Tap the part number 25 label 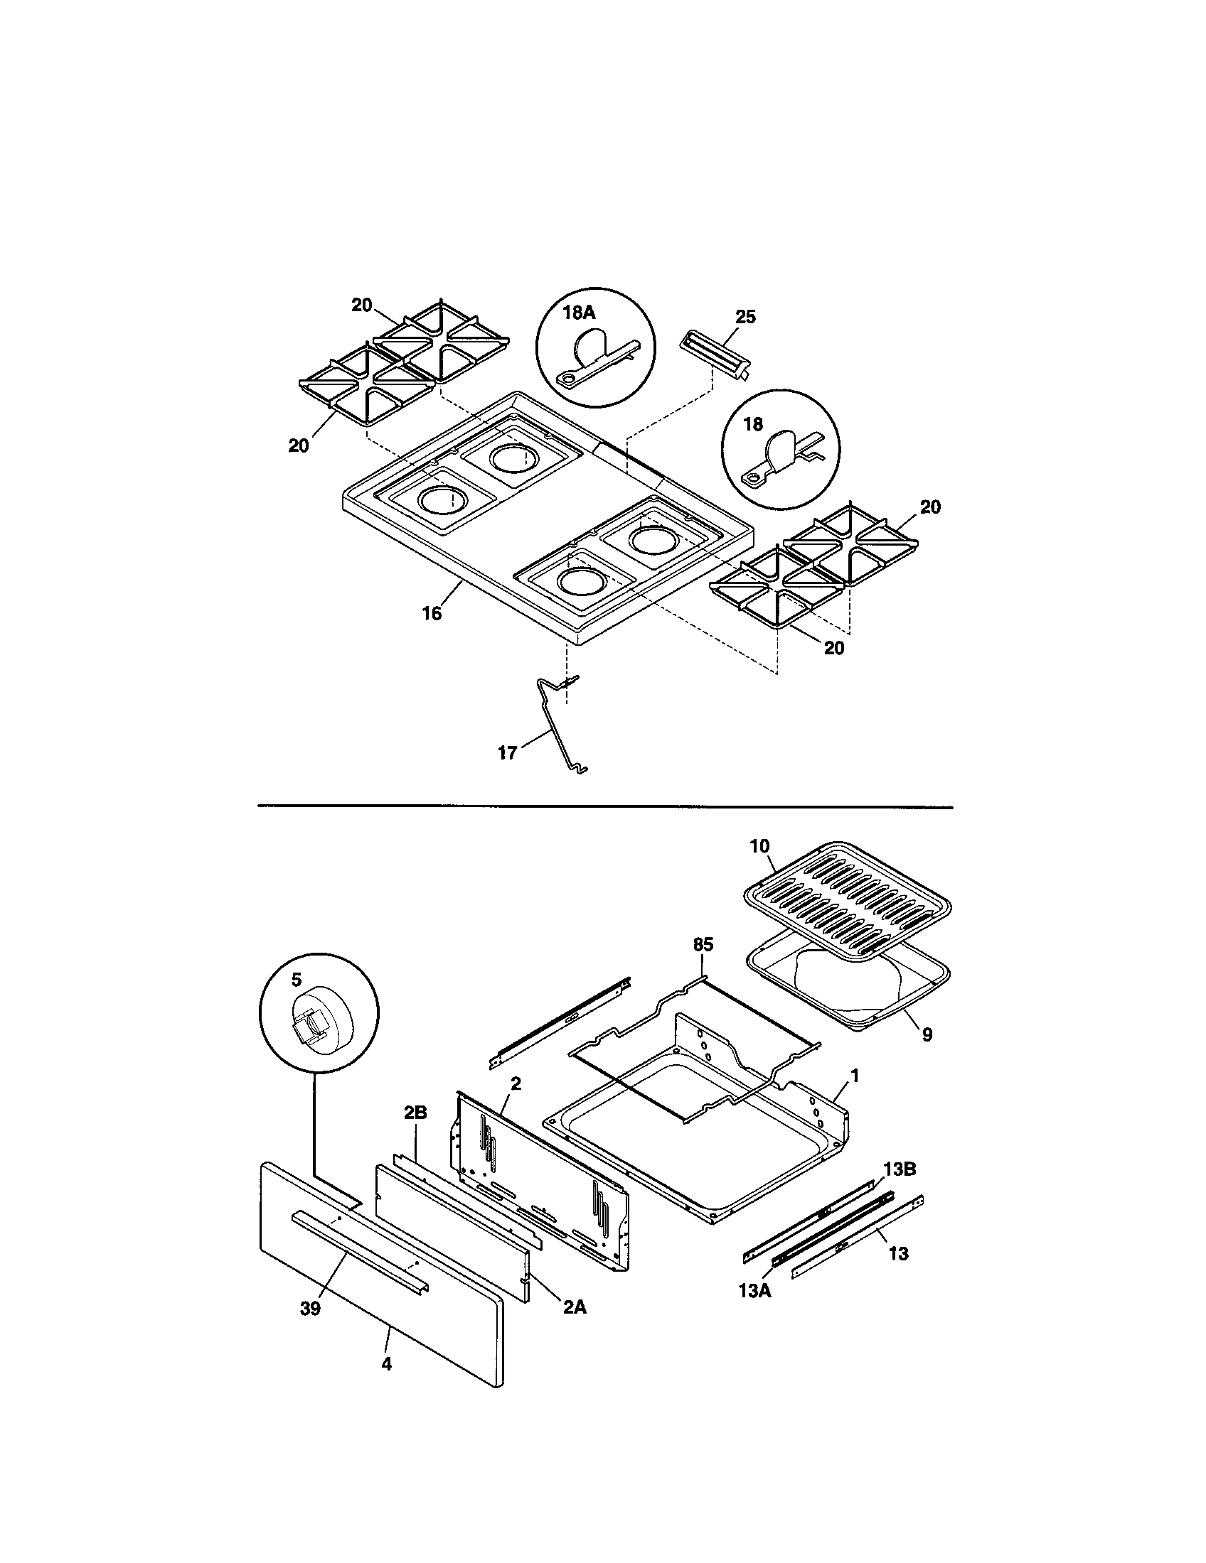pyautogui.click(x=745, y=317)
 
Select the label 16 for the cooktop pyautogui.click(x=432, y=613)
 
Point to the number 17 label pyautogui.click(x=507, y=754)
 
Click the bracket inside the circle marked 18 pyautogui.click(x=781, y=460)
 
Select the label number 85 pyautogui.click(x=703, y=945)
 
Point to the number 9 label pyautogui.click(x=927, y=1035)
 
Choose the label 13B pyautogui.click(x=900, y=1169)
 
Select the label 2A pyautogui.click(x=574, y=1307)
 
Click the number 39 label pyautogui.click(x=310, y=1308)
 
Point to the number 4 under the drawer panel pyautogui.click(x=386, y=1364)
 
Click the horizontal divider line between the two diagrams pyautogui.click(x=605, y=807)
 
